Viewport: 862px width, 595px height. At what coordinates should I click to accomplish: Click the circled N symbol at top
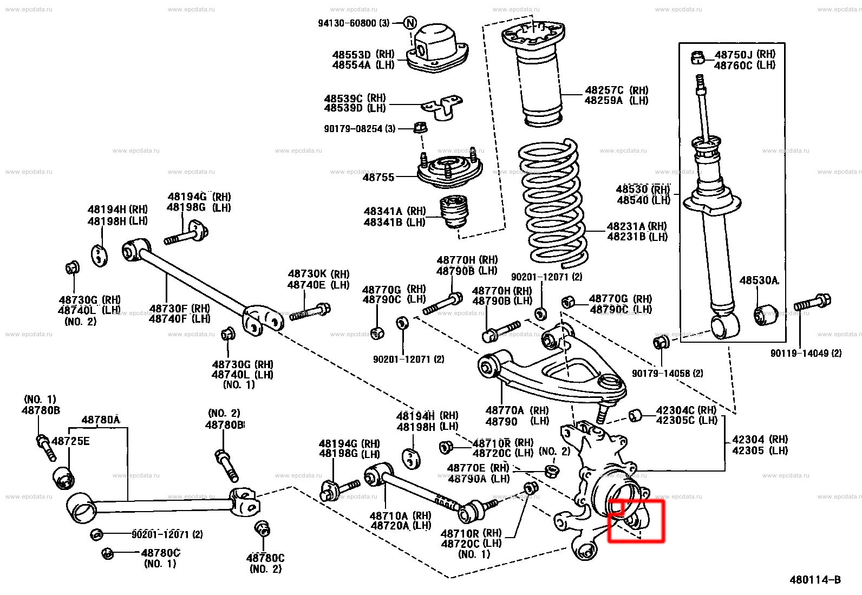pos(410,23)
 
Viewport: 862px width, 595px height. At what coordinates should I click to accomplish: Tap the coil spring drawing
pos(551,203)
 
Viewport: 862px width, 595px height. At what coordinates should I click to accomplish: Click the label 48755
pos(378,177)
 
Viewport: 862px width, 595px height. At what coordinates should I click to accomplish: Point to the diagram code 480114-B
pos(815,580)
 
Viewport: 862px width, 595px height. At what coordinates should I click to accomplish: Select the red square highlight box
pos(636,520)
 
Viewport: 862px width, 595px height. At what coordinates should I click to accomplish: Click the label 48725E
pos(70,441)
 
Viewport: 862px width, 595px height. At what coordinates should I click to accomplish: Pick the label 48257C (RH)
pos(616,90)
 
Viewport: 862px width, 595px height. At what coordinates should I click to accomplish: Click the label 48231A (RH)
pos(637,226)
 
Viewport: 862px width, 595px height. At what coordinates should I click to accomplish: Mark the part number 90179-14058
pos(667,374)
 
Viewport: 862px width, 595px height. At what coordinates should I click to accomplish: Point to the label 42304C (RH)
pos(686,410)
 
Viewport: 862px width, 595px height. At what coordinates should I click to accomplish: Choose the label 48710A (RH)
pos(400,516)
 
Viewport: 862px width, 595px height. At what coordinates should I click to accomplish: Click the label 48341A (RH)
pos(395,211)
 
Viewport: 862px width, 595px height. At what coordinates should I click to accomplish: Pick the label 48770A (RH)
pos(517,410)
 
